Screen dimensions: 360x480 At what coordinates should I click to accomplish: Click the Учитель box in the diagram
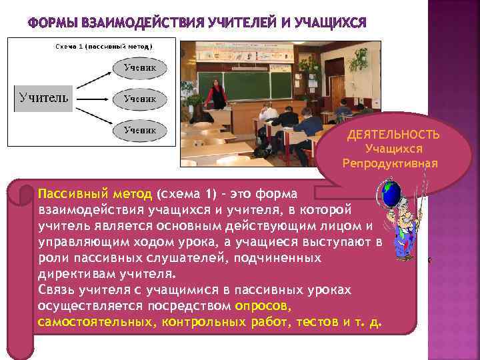pos(42,98)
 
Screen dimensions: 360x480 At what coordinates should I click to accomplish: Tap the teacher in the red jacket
pos(217,94)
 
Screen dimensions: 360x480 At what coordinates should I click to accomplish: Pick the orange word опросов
pos(263,306)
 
